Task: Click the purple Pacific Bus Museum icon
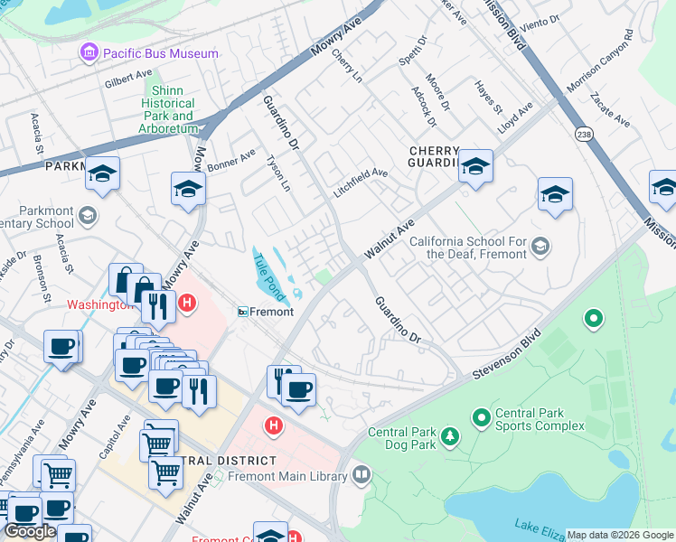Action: click(x=89, y=53)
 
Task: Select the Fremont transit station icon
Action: click(x=243, y=312)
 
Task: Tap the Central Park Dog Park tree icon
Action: click(x=448, y=438)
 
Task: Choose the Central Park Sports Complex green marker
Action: click(x=481, y=418)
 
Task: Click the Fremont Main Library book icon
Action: click(x=361, y=474)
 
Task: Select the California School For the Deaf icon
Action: click(x=540, y=246)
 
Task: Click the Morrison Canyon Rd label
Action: click(x=600, y=66)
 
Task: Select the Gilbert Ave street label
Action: click(x=128, y=79)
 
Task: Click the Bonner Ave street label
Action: click(x=232, y=161)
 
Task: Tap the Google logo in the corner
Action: click(x=31, y=531)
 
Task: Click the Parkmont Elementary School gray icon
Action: click(x=88, y=215)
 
